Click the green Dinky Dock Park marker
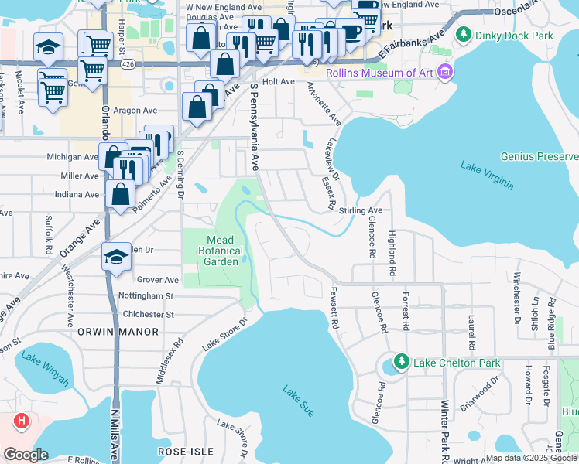coord(464,34)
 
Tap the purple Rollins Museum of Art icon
coord(444,73)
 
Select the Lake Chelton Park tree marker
coord(401,361)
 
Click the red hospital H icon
coord(22,421)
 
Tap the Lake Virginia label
coord(487,174)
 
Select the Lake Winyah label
coord(43,369)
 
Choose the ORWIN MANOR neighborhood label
coord(118,332)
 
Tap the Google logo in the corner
coord(26,455)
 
